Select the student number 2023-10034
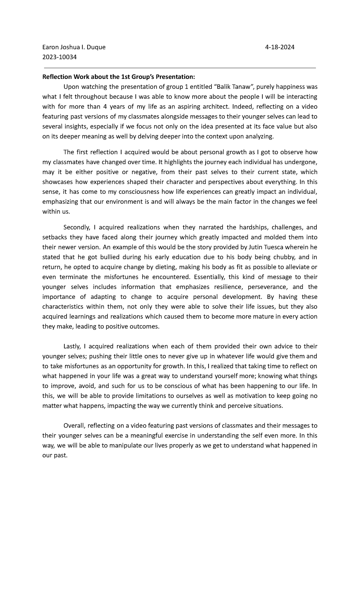tap(59, 57)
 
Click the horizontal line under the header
tap(180, 68)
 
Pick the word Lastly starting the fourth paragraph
tap(72, 346)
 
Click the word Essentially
tap(210, 277)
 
